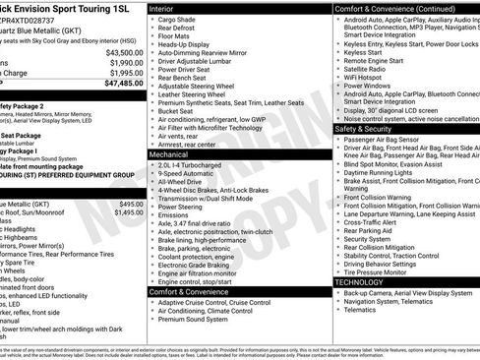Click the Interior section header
163,8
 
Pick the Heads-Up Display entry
188,44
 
